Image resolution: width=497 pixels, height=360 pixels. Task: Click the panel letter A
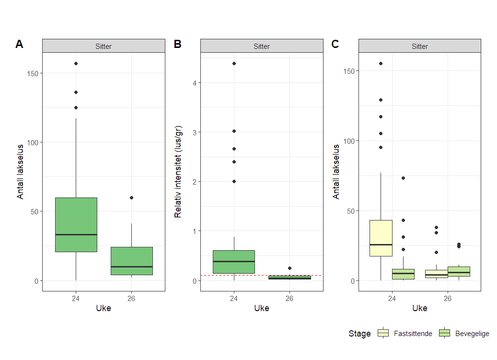tap(19, 44)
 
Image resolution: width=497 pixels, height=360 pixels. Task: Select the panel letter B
tap(177, 44)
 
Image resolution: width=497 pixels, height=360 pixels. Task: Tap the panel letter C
tap(335, 44)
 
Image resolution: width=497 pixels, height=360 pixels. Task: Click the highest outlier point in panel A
tap(76, 63)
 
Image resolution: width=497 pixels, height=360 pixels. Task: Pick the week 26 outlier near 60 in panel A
tap(131, 197)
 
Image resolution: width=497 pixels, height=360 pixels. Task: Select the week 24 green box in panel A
tap(76, 224)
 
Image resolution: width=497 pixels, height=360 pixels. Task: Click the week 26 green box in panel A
tap(131, 261)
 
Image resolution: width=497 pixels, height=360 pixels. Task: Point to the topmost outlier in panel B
tap(234, 63)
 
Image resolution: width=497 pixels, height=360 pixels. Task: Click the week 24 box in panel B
tap(234, 262)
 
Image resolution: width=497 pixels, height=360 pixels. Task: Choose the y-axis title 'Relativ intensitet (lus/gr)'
tap(178, 172)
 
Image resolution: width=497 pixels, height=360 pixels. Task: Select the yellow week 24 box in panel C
tap(381, 238)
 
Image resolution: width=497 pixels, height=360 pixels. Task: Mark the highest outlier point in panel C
tap(381, 63)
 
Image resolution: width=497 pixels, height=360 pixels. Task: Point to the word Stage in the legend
tap(359, 334)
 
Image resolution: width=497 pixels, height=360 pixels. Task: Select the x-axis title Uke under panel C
tap(419, 308)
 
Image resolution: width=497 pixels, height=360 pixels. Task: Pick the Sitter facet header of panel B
tap(262, 46)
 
